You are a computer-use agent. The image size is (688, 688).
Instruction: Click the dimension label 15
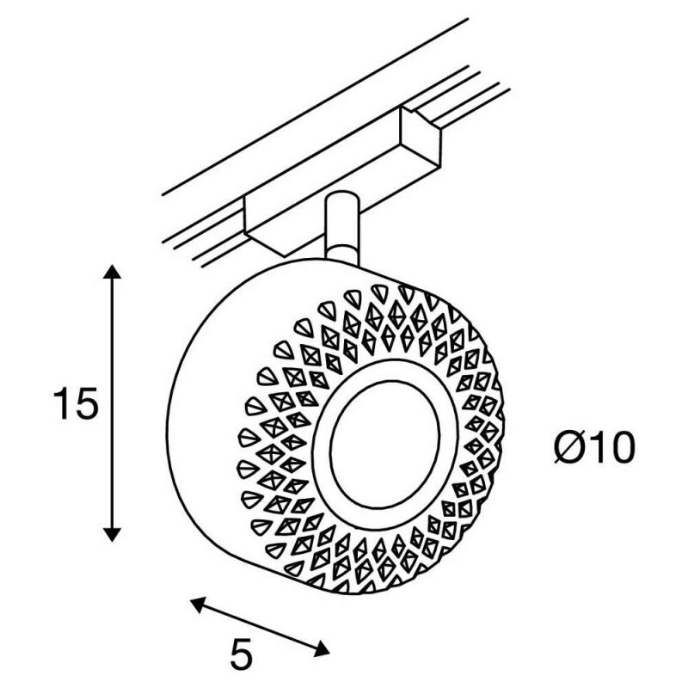75,403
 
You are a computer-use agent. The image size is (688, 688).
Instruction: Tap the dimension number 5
242,654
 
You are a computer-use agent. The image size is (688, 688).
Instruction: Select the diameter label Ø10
594,447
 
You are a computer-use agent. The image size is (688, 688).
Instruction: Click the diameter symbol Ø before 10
569,447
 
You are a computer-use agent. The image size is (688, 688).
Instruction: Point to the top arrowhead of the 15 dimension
112,272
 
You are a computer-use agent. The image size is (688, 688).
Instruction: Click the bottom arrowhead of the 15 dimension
112,534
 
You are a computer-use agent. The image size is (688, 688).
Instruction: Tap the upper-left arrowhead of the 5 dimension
199,605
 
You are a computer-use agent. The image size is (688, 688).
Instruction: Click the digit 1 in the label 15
61,403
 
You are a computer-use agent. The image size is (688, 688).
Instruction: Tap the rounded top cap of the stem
342,198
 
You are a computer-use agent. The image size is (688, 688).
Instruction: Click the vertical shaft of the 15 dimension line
112,403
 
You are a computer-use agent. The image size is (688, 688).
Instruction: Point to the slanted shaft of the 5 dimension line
260,628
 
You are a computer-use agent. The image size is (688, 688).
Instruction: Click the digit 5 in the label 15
85,403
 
